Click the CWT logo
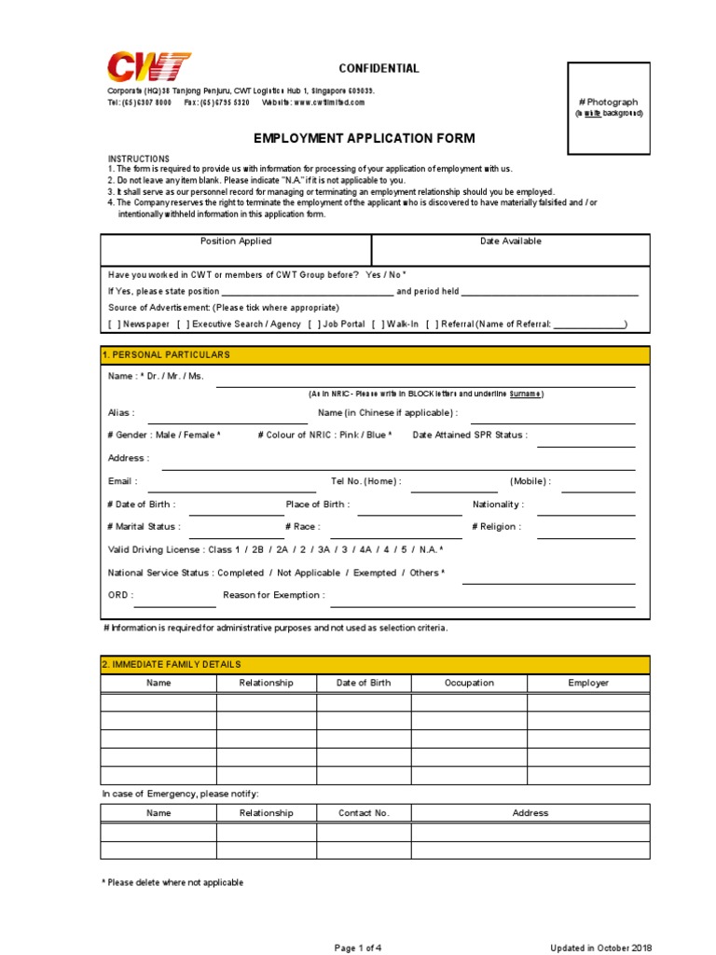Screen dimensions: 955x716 [149, 67]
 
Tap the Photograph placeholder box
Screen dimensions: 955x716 [609, 107]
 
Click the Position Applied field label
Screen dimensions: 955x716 [236, 242]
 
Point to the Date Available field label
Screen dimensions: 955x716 [510, 242]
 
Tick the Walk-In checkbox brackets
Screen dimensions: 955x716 [377, 325]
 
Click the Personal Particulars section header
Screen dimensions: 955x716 [166, 355]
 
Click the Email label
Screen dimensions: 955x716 [123, 481]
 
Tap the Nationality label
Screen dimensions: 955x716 [498, 505]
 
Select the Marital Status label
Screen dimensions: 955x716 [145, 527]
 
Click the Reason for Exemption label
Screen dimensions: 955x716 [274, 595]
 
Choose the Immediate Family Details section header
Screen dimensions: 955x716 [171, 664]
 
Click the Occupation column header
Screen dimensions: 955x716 [469, 683]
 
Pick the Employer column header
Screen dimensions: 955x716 [588, 683]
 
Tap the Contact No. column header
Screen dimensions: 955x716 [364, 813]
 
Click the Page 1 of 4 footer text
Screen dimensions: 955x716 [358, 948]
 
